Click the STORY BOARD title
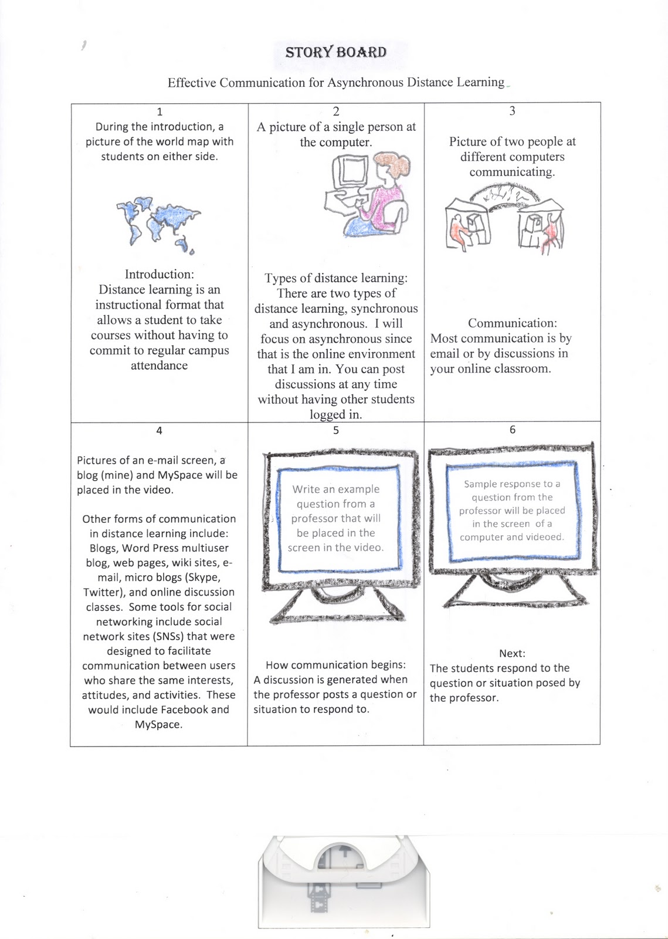(335, 52)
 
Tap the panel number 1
(160, 112)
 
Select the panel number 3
(512, 111)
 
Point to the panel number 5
(335, 430)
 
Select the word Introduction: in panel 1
(160, 274)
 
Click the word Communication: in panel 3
(513, 323)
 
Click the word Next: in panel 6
(512, 653)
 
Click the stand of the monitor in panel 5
(338, 605)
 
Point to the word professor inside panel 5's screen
(311, 519)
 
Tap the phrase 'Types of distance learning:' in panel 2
(336, 278)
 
